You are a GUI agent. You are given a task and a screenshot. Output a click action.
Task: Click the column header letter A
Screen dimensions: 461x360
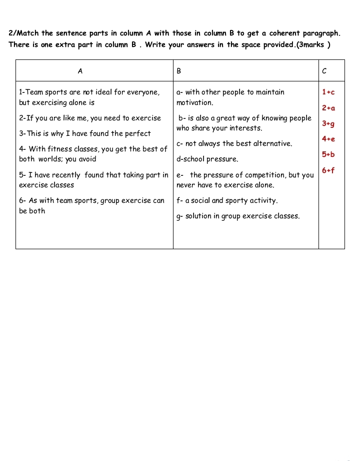tap(80, 71)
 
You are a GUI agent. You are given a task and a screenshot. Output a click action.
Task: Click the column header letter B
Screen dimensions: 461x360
tap(179, 71)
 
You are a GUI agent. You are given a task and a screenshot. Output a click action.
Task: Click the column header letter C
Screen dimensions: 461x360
tap(324, 71)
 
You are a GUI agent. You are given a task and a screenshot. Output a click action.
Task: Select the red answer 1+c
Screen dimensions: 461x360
tap(328, 92)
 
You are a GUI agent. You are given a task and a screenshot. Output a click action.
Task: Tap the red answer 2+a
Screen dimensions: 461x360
tap(328, 108)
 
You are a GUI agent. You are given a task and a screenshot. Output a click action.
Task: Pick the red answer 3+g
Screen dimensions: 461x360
tap(328, 123)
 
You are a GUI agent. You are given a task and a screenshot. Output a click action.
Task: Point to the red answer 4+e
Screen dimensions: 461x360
tap(328, 139)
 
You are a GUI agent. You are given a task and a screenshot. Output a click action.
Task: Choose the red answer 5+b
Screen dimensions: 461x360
tap(328, 154)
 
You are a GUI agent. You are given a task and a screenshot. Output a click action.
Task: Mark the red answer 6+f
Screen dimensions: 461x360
tap(328, 170)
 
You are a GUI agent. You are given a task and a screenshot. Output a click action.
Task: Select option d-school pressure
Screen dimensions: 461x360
tap(207, 159)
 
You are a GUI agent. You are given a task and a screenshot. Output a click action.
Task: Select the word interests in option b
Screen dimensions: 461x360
tap(245, 128)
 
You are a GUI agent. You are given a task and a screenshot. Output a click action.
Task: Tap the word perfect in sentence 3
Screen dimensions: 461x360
tap(138, 134)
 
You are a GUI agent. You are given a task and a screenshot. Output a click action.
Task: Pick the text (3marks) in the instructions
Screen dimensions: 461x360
tap(313, 45)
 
